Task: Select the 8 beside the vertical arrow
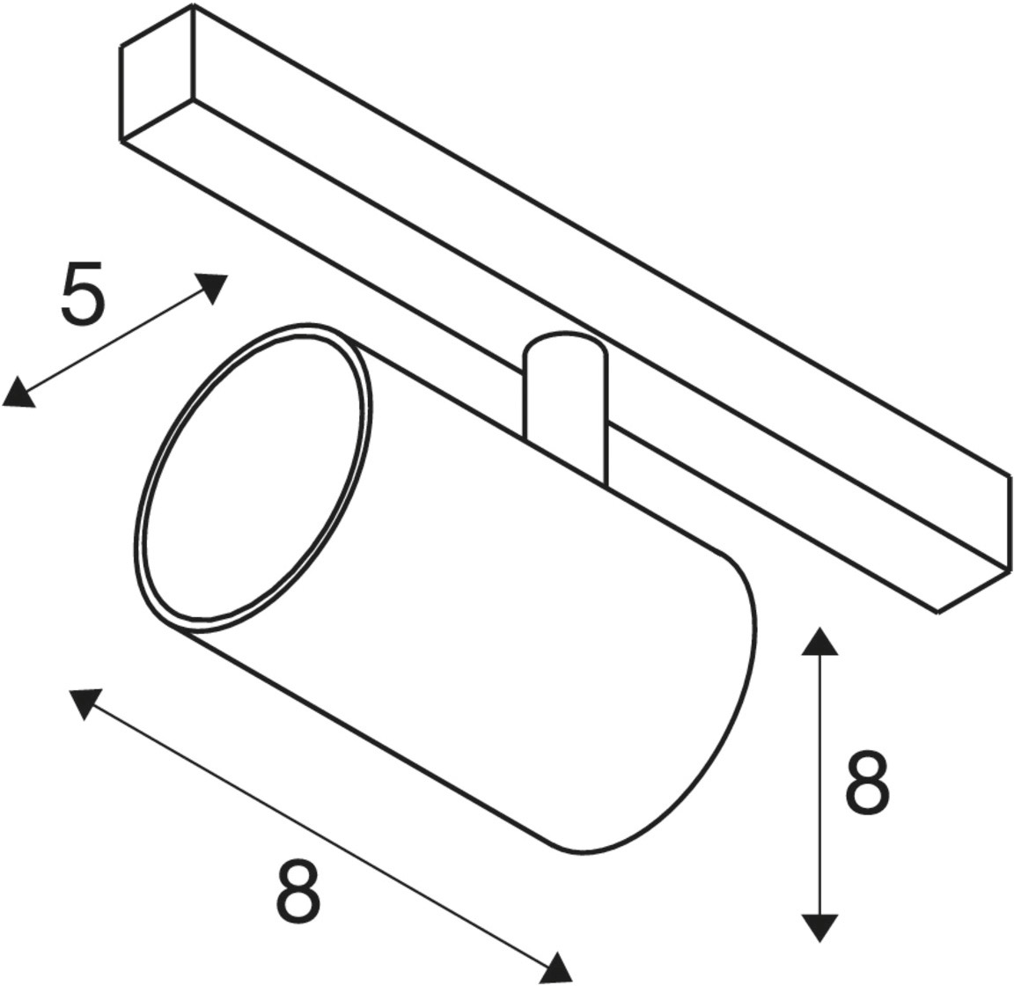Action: (868, 783)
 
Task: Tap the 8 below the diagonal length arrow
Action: (298, 893)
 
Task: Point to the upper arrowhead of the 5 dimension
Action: (213, 288)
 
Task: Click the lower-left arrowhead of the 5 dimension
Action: (18, 394)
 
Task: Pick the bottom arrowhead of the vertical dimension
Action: (819, 927)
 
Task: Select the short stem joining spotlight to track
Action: (566, 408)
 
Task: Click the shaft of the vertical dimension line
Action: (819, 784)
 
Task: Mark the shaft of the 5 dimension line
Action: (115, 341)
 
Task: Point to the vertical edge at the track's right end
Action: (1009, 524)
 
